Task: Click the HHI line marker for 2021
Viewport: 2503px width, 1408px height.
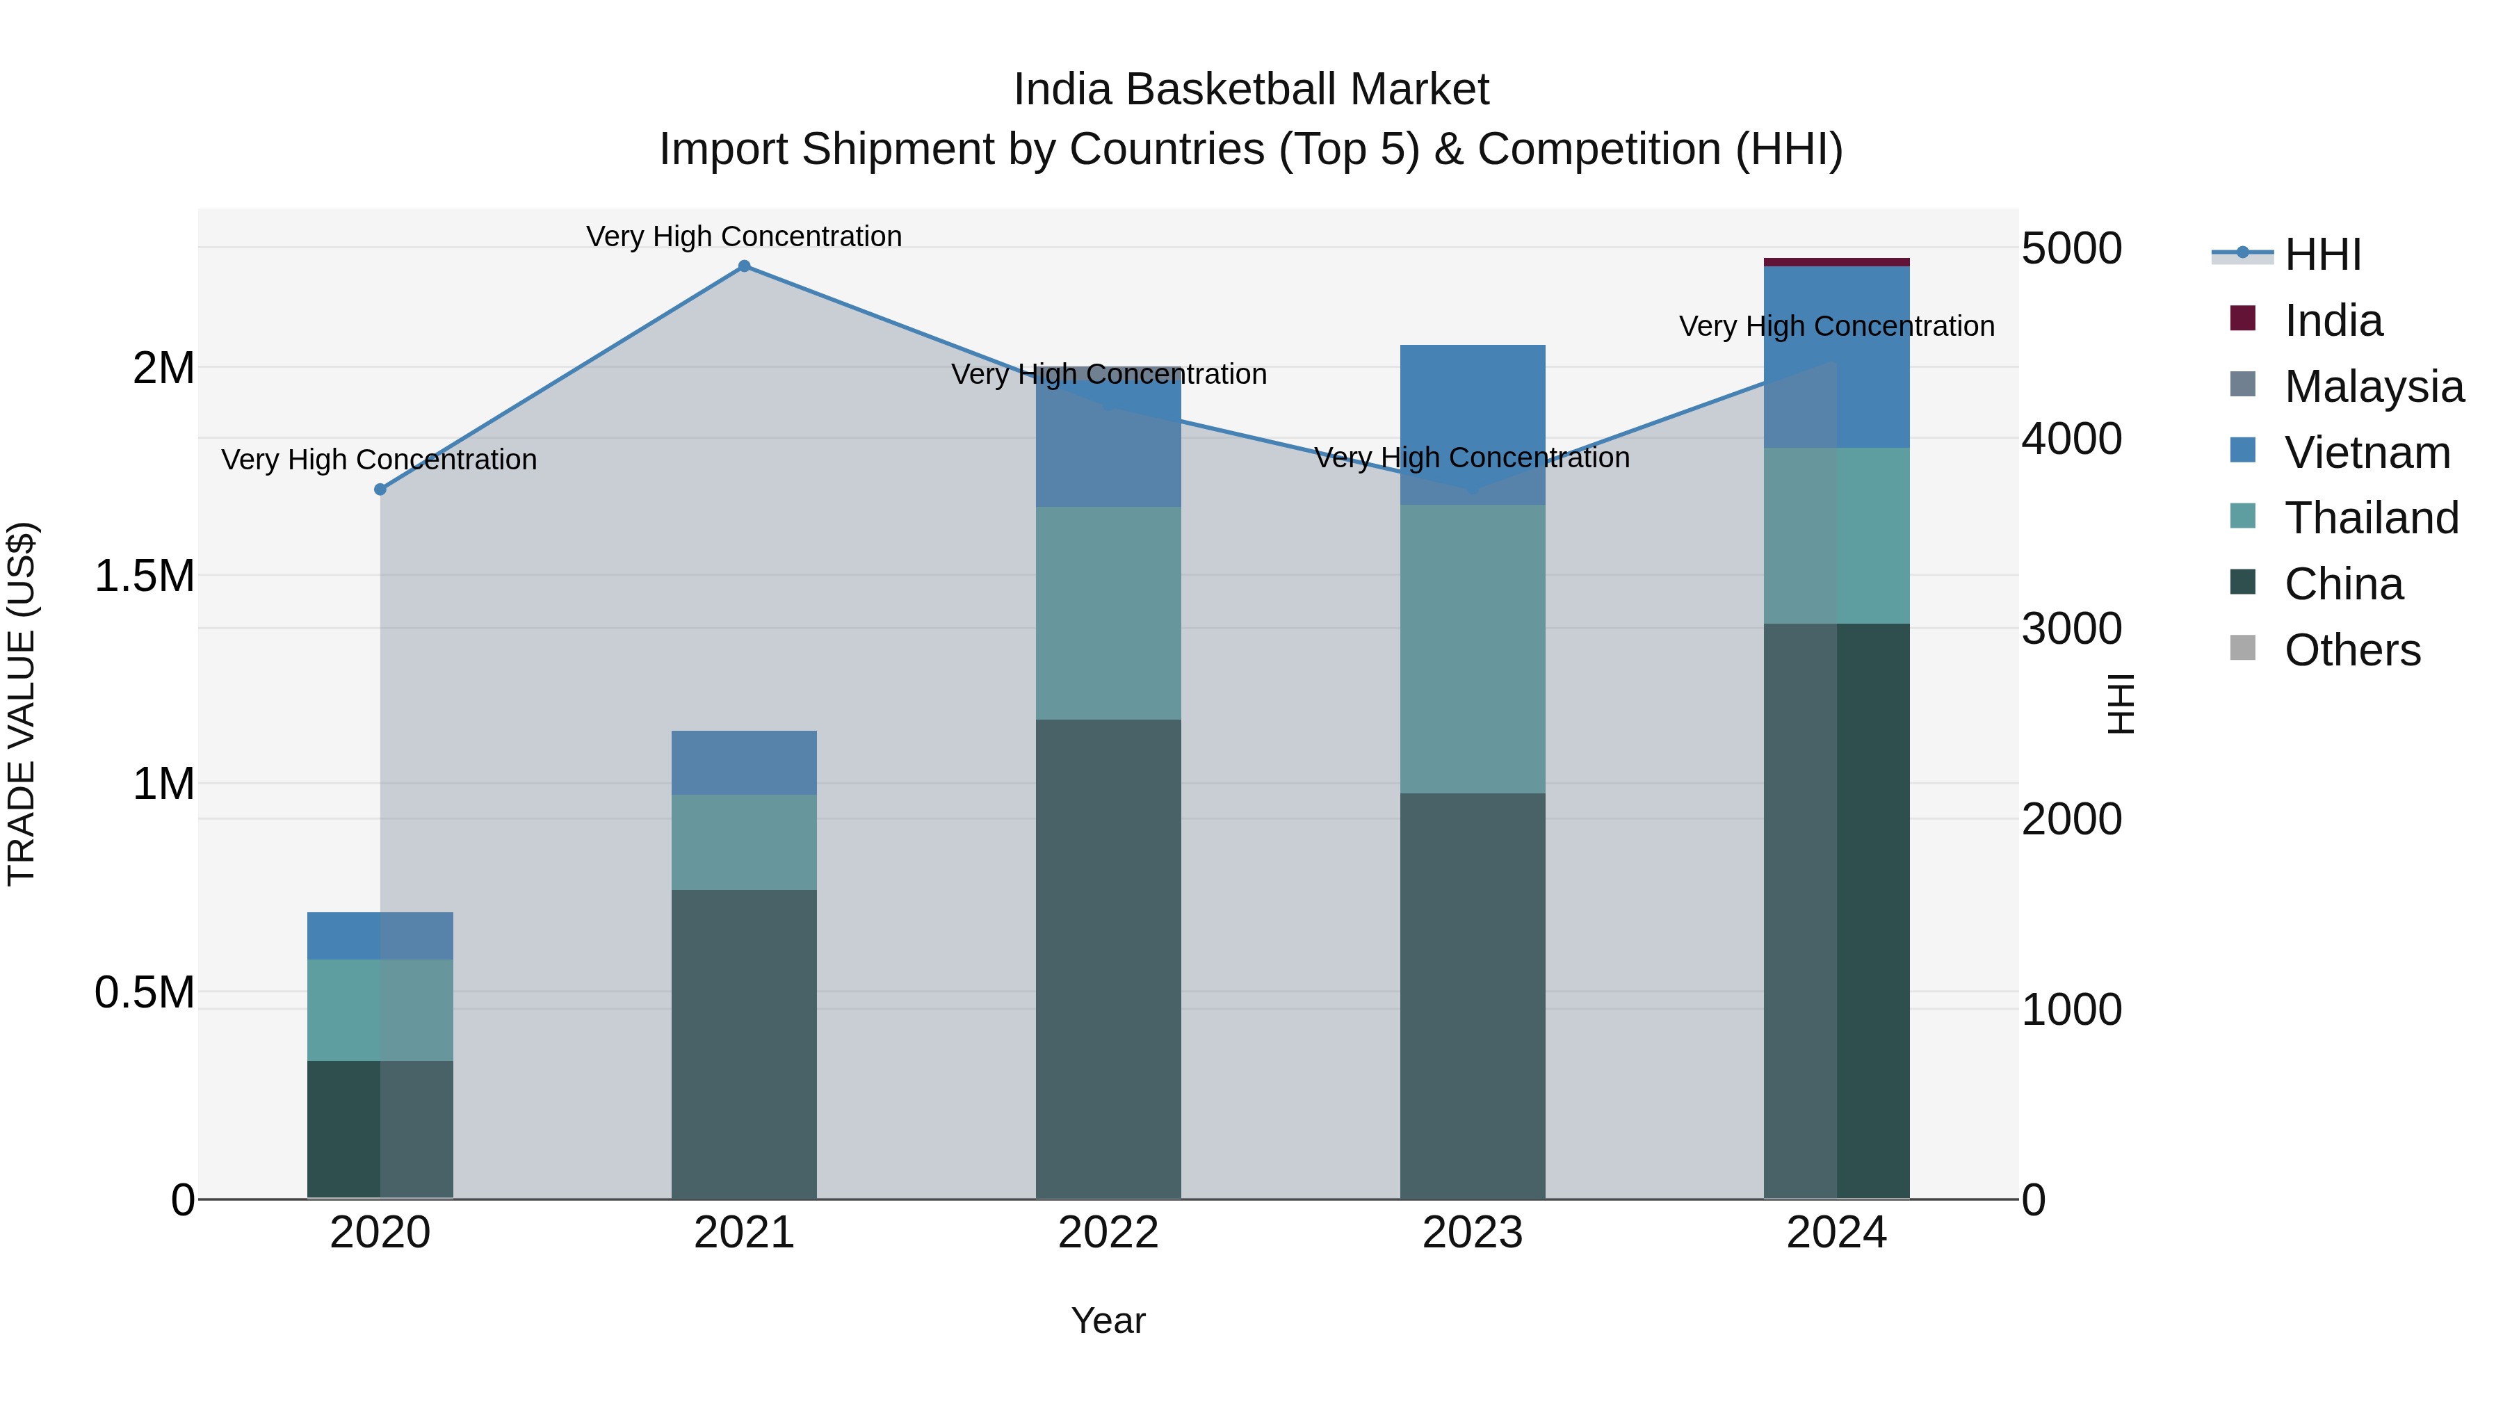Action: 744,266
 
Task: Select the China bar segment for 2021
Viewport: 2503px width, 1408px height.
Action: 744,1044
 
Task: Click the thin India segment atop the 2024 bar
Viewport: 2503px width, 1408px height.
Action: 1836,262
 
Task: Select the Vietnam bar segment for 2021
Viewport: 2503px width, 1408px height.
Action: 744,763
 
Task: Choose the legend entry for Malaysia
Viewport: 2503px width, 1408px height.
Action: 2373,387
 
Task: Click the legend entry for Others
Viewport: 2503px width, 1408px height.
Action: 2351,650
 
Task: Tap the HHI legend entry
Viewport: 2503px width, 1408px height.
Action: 2322,254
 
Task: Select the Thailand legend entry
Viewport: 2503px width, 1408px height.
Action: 2371,518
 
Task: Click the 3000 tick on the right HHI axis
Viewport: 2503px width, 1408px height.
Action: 2072,629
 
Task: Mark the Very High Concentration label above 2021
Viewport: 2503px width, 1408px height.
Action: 744,236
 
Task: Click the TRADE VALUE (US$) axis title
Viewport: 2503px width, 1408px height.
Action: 22,704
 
